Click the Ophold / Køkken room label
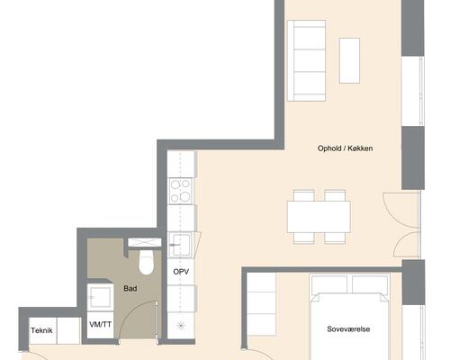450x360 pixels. click(x=345, y=148)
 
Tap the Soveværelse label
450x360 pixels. click(x=348, y=329)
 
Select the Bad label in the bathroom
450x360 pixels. click(x=130, y=289)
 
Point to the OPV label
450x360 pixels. click(x=181, y=272)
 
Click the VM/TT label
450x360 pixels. click(x=100, y=324)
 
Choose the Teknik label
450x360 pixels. click(x=41, y=330)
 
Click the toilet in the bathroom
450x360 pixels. click(x=146, y=263)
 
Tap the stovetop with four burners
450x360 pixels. click(x=180, y=191)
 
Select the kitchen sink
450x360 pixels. click(x=180, y=245)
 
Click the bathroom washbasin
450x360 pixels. click(x=100, y=297)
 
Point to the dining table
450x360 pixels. click(x=319, y=217)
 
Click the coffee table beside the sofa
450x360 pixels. click(x=349, y=60)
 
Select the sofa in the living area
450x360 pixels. click(x=307, y=60)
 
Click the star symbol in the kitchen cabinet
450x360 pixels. click(x=181, y=325)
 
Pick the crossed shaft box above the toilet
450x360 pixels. click(x=145, y=242)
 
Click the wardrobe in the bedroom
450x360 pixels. click(x=261, y=304)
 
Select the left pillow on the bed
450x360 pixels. click(x=329, y=284)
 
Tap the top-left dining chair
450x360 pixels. click(x=304, y=195)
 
